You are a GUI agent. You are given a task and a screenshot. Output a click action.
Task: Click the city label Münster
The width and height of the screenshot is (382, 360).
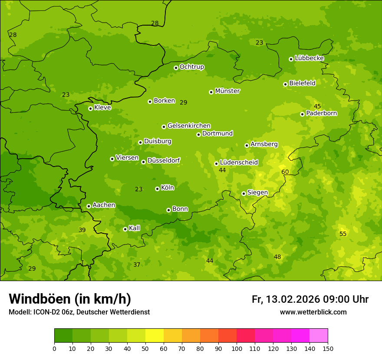click(x=227, y=91)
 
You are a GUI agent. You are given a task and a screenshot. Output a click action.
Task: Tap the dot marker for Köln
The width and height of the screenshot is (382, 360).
click(x=157, y=189)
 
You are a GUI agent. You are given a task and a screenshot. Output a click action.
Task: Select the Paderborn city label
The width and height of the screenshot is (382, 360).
click(x=321, y=113)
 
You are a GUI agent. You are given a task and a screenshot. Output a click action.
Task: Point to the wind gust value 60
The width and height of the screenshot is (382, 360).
click(x=285, y=172)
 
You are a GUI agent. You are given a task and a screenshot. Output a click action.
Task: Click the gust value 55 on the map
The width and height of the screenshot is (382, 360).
click(x=343, y=234)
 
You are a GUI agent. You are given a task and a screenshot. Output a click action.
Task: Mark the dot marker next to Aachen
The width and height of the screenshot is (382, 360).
click(x=89, y=206)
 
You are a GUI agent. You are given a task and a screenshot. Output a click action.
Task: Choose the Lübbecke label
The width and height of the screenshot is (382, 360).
click(x=309, y=58)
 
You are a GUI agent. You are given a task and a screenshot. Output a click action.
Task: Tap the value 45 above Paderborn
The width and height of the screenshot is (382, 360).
click(x=317, y=106)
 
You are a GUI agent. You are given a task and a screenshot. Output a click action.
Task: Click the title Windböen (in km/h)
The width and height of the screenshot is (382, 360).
click(x=70, y=299)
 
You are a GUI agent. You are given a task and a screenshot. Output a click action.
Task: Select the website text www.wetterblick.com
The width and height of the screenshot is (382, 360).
click(x=313, y=312)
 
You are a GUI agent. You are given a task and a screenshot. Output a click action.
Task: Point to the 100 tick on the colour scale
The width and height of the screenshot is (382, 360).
click(x=237, y=348)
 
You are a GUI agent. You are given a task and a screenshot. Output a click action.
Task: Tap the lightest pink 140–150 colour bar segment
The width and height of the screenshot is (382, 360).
click(x=319, y=335)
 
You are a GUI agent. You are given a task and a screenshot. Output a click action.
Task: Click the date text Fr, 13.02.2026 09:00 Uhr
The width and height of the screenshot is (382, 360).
click(x=310, y=299)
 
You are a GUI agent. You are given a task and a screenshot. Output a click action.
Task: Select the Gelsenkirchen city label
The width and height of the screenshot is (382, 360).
click(x=189, y=126)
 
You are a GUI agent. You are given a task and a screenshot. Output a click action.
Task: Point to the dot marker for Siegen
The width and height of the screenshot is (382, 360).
click(x=244, y=193)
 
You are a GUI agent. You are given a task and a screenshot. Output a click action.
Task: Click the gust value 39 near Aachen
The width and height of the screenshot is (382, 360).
click(x=82, y=230)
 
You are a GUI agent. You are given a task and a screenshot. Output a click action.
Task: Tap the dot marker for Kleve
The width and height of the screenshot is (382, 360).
click(x=90, y=108)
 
